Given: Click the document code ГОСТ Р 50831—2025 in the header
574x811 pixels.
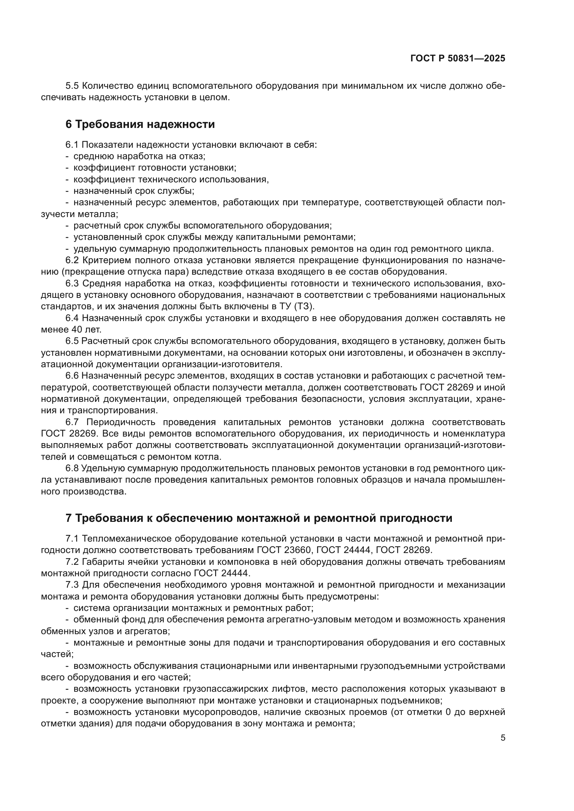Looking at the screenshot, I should click(457, 59).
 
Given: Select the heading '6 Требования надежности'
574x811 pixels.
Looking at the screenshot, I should click(140, 124).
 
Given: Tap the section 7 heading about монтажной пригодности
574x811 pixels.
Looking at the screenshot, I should click(259, 518).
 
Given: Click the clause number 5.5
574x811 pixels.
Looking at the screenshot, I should click(73, 86).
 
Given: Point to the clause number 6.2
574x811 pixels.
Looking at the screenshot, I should click(73, 260).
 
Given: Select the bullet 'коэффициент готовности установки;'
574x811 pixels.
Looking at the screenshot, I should click(155, 168).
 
